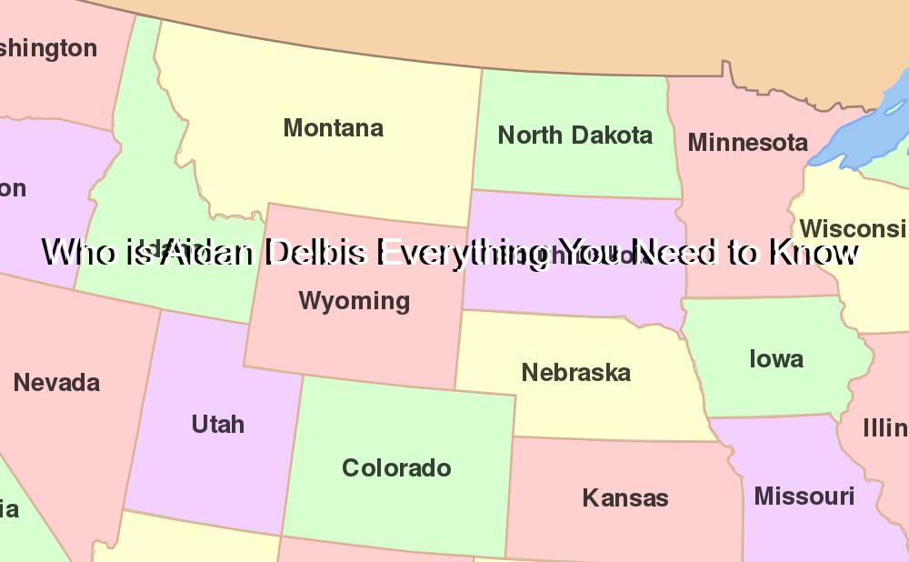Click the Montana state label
333,128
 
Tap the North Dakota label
574,135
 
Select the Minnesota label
747,142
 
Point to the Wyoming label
354,300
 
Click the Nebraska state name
575,372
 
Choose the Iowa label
775,358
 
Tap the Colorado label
396,467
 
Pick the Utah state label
217,424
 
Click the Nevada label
56,382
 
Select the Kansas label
624,497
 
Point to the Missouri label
804,496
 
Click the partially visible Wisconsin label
853,228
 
